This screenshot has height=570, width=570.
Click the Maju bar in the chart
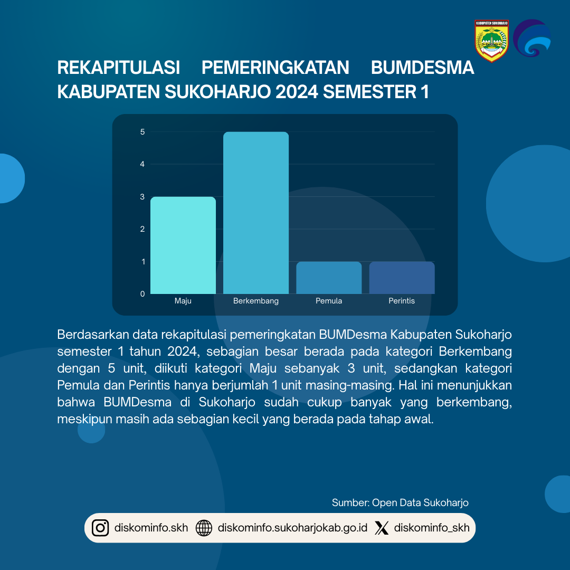(183, 245)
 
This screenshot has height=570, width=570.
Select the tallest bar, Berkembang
(256, 213)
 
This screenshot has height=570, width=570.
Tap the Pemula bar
(329, 278)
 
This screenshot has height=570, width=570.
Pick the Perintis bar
(402, 278)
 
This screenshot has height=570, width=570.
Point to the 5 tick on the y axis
(142, 132)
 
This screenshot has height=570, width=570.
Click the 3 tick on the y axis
(142, 197)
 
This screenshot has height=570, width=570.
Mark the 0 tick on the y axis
(142, 294)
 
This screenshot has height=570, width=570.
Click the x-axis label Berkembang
(256, 301)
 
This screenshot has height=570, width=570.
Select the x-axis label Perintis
(402, 301)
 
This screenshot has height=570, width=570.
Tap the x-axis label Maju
(183, 301)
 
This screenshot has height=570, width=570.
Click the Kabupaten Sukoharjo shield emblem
(491, 41)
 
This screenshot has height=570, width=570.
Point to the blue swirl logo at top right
(532, 38)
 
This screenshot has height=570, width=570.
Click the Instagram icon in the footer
(100, 528)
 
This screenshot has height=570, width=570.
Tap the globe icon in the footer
(204, 528)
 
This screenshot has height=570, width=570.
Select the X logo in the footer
(382, 528)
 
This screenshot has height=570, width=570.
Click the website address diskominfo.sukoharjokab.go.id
(292, 528)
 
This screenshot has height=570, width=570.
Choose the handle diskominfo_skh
(432, 528)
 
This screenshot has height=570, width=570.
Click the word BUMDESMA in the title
(422, 68)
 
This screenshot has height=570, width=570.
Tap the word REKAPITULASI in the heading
(119, 68)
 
